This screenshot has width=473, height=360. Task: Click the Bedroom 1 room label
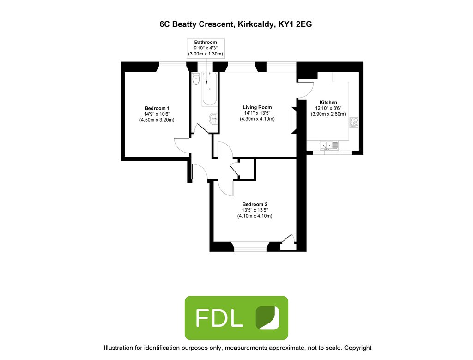[157, 108]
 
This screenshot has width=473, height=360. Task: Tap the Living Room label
[257, 107]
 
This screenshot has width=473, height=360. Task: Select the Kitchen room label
[328, 102]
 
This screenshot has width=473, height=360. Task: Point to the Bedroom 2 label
[255, 204]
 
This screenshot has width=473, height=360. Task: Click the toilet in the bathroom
[196, 78]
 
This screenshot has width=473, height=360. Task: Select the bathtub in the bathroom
[209, 89]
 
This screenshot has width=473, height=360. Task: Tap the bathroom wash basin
[213, 119]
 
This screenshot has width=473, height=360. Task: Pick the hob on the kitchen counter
[354, 122]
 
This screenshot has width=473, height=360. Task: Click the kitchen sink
[329, 146]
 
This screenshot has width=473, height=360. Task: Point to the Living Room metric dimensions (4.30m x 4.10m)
[257, 119]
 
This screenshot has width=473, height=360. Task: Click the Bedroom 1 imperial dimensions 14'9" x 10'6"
[157, 114]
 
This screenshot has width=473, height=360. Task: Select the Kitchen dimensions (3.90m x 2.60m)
[328, 114]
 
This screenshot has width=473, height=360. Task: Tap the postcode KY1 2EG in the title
[295, 24]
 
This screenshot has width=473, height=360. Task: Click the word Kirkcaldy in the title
[256, 24]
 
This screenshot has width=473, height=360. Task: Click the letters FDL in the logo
[219, 318]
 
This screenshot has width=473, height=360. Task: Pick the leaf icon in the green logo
[267, 318]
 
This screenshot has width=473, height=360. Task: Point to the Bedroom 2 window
[250, 246]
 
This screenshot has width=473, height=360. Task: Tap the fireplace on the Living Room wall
[294, 120]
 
